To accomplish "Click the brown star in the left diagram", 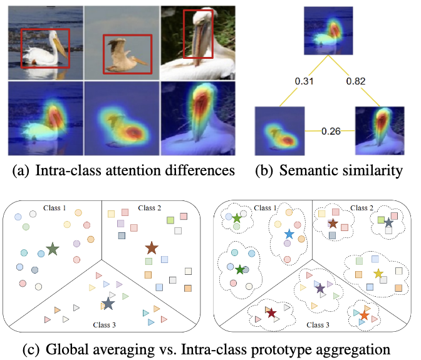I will [x=152, y=248].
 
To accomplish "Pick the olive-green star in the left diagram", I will [x=53, y=249].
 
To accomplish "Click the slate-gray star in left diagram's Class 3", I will [x=108, y=304].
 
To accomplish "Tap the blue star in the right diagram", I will [x=288, y=234].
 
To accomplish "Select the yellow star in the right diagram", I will [x=378, y=273].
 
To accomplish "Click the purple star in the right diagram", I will [x=320, y=288].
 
